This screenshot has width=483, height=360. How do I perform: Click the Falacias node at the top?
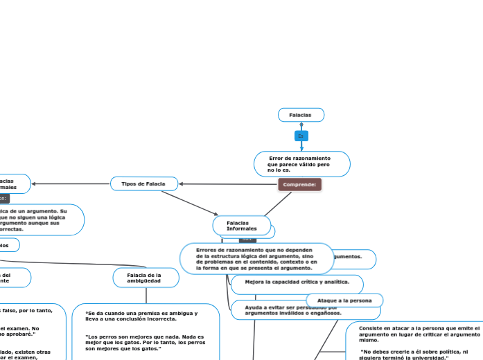click(x=301, y=115)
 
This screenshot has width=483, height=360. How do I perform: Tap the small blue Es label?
click(x=301, y=136)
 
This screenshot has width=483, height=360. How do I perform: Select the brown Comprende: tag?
click(x=299, y=185)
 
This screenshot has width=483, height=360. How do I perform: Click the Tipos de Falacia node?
click(x=143, y=183)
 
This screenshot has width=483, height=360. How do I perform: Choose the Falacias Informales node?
click(x=241, y=226)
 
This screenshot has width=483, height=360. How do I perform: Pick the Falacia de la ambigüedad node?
click(x=145, y=278)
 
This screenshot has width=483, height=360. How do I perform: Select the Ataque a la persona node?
click(x=344, y=300)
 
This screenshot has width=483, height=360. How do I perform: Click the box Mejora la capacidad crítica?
click(x=293, y=282)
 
